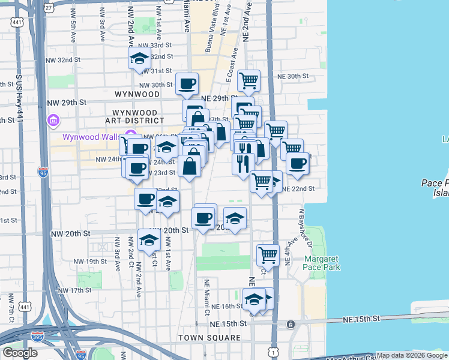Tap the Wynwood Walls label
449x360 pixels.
pyautogui.click(x=91, y=137)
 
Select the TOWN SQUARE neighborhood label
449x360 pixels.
pyautogui.click(x=208, y=338)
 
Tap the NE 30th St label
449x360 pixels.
pyautogui.click(x=292, y=76)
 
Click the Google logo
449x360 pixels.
pyautogui.click(x=20, y=353)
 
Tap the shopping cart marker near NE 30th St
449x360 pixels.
pyautogui.click(x=249, y=80)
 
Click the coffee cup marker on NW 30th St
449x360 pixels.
pyautogui.click(x=187, y=83)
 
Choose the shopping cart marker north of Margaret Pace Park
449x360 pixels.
pyautogui.click(x=268, y=254)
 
